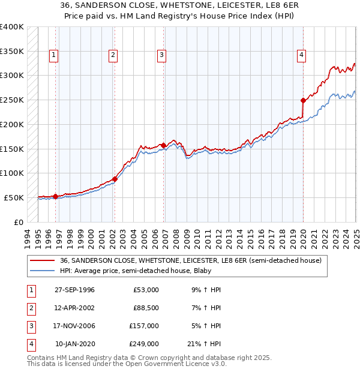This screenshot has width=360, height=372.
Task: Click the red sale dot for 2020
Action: pos(303,100)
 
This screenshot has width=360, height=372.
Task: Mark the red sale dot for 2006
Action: pos(163,145)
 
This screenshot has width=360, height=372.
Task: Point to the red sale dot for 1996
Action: pos(55,196)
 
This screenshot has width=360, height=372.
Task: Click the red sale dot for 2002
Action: pos(114,179)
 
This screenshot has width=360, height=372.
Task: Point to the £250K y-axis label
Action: pos(12,100)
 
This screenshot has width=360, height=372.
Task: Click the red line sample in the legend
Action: pos(43,260)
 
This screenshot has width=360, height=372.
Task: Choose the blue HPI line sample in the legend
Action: pos(43,271)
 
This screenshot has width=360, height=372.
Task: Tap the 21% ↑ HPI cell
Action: pos(208,344)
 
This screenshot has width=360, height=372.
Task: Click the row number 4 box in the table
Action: pos(31,344)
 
